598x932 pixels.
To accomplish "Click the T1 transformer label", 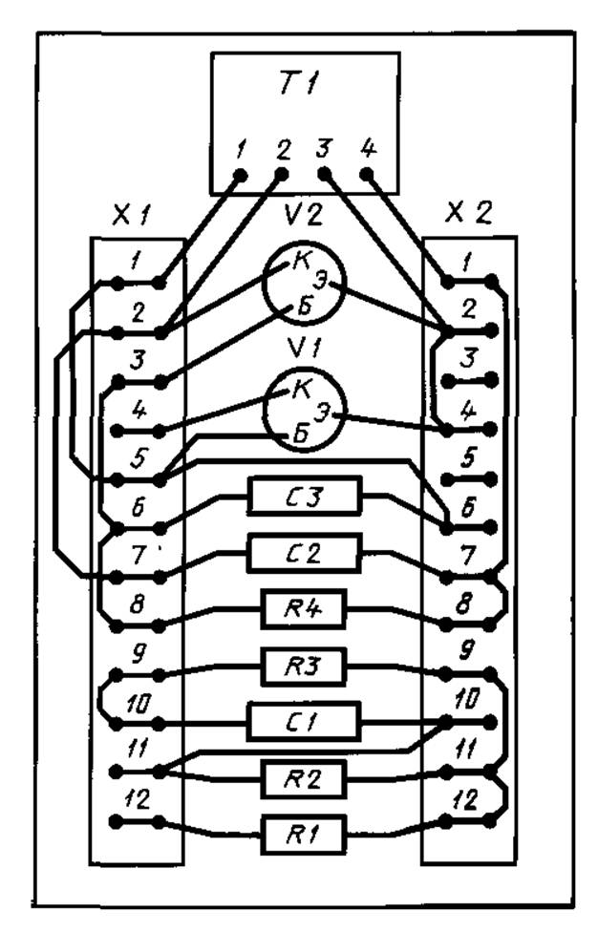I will click(x=306, y=85).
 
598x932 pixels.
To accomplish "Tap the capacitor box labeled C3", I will click(x=306, y=497).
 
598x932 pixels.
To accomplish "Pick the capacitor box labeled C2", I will click(x=305, y=553).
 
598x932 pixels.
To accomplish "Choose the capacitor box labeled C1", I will click(x=305, y=720).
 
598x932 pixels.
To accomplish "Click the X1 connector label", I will click(x=131, y=217).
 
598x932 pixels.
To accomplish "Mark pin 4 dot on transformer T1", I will click(x=369, y=177).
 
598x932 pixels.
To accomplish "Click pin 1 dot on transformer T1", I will click(x=240, y=177).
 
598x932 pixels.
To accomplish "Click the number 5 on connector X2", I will click(x=468, y=457).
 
